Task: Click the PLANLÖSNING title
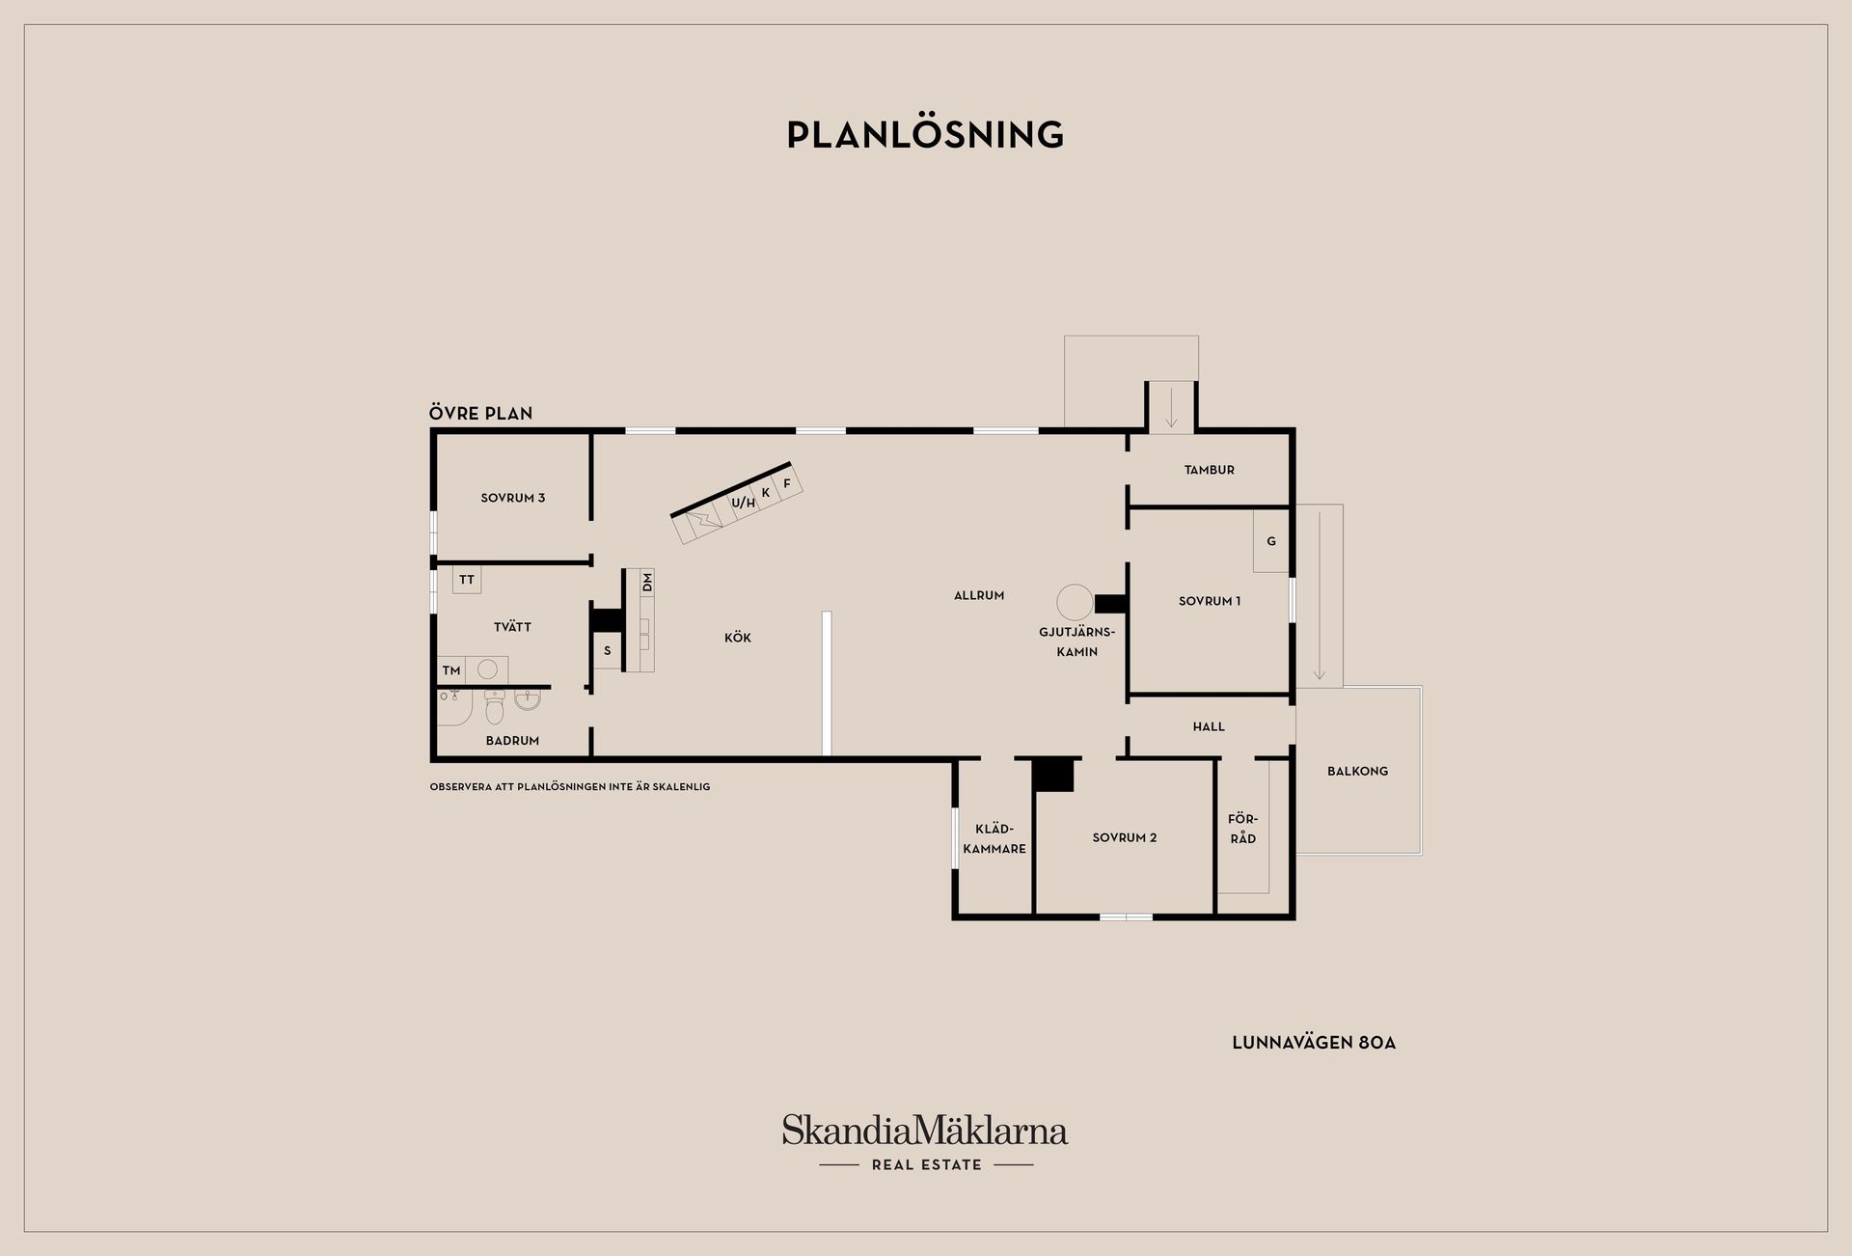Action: tap(925, 135)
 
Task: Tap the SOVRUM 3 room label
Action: tap(513, 498)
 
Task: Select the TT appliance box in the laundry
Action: tap(467, 580)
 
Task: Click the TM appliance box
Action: tap(451, 670)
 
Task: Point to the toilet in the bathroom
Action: tap(495, 709)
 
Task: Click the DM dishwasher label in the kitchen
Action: tap(647, 582)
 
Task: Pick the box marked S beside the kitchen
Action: tap(608, 651)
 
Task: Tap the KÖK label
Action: tap(738, 638)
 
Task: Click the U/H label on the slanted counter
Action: tap(743, 503)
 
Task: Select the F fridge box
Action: tap(787, 483)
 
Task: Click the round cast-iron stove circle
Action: tap(1076, 603)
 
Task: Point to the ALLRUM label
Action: tap(979, 595)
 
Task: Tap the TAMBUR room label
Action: tap(1210, 470)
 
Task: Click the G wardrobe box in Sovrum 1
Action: tap(1271, 541)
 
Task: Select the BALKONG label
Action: tap(1357, 771)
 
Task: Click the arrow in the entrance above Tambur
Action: tap(1171, 406)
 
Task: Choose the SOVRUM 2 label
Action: tap(1125, 837)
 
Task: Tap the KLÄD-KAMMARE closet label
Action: tap(994, 839)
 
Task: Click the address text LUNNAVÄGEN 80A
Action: tap(1314, 1043)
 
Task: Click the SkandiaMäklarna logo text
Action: tap(925, 1130)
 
